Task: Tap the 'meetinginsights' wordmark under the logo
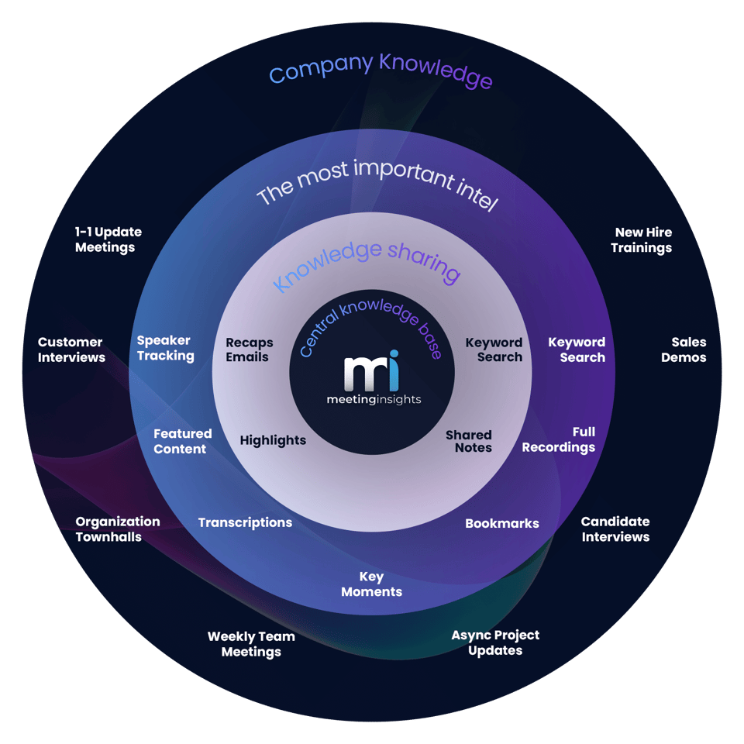click(373, 400)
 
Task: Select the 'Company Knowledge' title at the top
click(380, 71)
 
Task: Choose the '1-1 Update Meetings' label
click(108, 239)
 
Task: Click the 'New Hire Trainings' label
click(642, 239)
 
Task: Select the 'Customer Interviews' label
click(71, 350)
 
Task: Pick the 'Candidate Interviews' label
click(615, 529)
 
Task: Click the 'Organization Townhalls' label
click(117, 529)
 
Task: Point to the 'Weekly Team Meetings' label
click(251, 644)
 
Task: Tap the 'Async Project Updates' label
click(495, 642)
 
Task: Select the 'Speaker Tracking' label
click(165, 348)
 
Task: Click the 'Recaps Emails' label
click(249, 350)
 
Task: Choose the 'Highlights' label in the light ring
click(273, 440)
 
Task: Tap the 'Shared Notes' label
click(470, 441)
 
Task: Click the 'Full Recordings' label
click(559, 439)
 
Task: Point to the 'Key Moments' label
click(372, 584)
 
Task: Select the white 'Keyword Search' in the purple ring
click(577, 350)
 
